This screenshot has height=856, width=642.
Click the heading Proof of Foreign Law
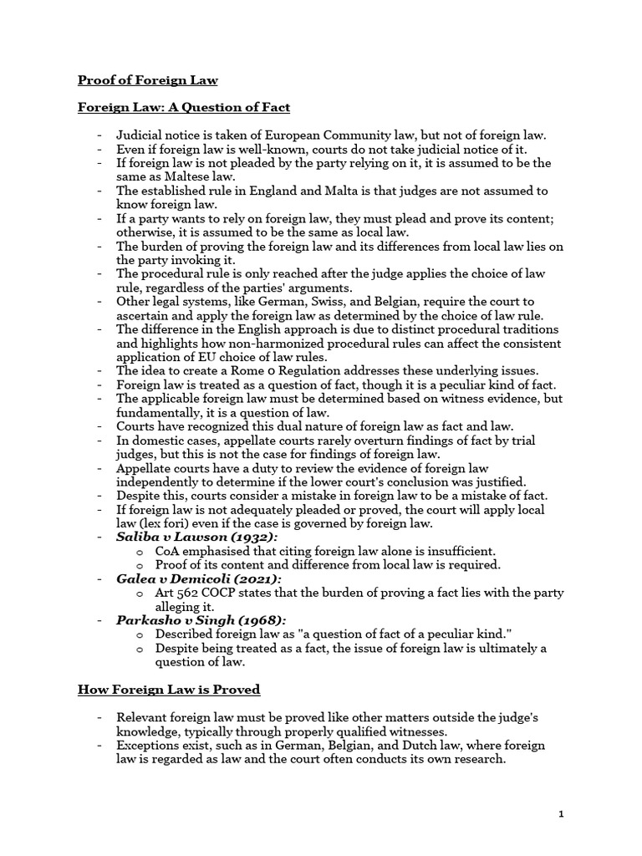(x=147, y=80)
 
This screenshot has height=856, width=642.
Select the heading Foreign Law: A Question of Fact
(x=184, y=107)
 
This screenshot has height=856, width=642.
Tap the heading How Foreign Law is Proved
(x=169, y=689)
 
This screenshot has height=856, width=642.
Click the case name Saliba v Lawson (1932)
(x=197, y=537)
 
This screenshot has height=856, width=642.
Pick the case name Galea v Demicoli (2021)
(x=199, y=578)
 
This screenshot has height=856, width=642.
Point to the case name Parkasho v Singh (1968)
(x=201, y=619)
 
